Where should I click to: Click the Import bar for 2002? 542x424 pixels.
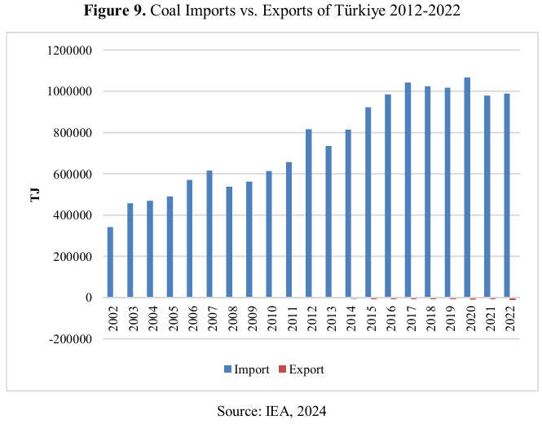[x=110, y=262]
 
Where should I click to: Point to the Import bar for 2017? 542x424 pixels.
[x=408, y=190]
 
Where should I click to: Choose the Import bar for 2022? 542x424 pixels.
[x=507, y=196]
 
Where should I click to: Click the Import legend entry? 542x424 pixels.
[x=246, y=369]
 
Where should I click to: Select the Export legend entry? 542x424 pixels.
[x=301, y=369]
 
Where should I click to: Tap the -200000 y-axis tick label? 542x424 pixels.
[x=69, y=338]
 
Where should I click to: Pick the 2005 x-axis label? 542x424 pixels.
[x=171, y=316]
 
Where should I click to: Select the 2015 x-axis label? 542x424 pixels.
[x=370, y=316]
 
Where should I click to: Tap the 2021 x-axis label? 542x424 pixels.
[x=489, y=316]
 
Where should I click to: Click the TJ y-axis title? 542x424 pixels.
[x=35, y=195]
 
